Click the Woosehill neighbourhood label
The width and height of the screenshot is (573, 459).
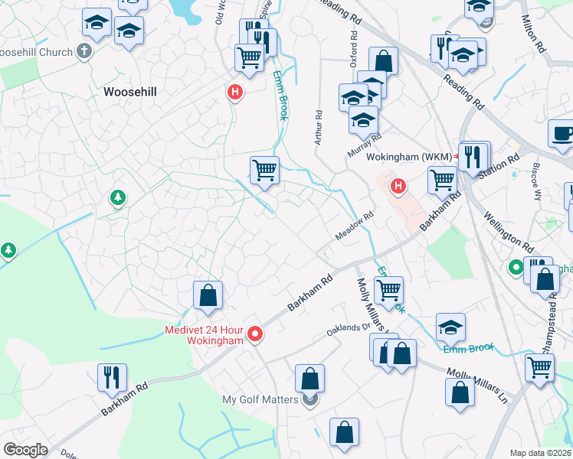(129, 92)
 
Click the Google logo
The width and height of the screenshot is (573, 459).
(25, 450)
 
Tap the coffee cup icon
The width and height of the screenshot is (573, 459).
(563, 132)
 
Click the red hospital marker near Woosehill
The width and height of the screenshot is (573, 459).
(235, 93)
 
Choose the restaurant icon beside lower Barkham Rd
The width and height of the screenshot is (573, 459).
(112, 376)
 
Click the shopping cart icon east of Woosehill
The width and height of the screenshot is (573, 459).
(264, 169)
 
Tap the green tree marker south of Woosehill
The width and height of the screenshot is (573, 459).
(116, 198)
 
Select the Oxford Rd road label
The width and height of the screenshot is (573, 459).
(355, 48)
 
